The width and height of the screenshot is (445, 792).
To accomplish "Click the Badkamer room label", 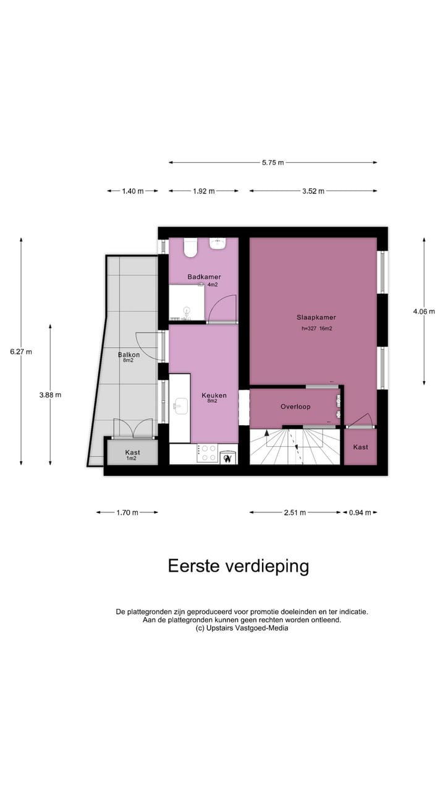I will (204, 277).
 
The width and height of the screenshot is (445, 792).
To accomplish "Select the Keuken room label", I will (214, 395).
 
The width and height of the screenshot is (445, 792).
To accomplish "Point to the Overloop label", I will (295, 407).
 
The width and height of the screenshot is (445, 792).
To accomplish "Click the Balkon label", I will (129, 355).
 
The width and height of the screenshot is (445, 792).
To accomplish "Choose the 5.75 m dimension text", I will (273, 163).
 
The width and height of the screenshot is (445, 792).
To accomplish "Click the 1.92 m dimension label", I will (203, 191).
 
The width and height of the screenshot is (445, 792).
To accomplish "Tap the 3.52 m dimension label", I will (313, 191).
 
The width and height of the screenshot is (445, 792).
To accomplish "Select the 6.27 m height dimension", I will (20, 351).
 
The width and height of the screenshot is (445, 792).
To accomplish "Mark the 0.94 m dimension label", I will (359, 512).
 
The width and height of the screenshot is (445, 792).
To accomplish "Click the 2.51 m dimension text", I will (294, 512).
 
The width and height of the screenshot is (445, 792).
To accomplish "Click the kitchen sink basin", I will (180, 406).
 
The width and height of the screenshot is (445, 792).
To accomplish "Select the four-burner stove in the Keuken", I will (207, 454).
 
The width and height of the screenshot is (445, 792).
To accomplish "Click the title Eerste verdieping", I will (239, 566).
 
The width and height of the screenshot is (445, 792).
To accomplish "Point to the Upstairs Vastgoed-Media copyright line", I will (242, 628).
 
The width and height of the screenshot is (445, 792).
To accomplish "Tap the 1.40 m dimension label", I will (132, 191).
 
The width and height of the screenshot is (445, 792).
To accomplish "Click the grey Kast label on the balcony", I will (132, 452).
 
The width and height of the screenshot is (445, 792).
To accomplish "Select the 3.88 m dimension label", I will (50, 395).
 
